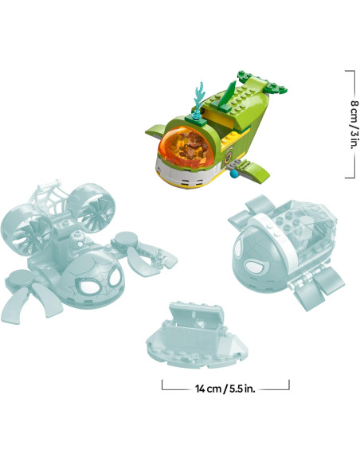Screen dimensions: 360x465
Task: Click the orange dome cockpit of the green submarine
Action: (x=185, y=147)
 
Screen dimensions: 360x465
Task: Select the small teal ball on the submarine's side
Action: (x=234, y=174)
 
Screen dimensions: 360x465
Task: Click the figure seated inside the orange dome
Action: (x=192, y=145)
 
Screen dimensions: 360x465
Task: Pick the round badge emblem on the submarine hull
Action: (x=229, y=157)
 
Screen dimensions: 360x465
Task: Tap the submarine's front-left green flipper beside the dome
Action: (x=155, y=131)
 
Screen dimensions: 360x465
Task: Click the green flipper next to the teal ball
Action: (x=255, y=171)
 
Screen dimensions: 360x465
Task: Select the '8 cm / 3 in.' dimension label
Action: (x=354, y=124)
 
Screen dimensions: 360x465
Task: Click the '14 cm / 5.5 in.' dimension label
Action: (x=225, y=389)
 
